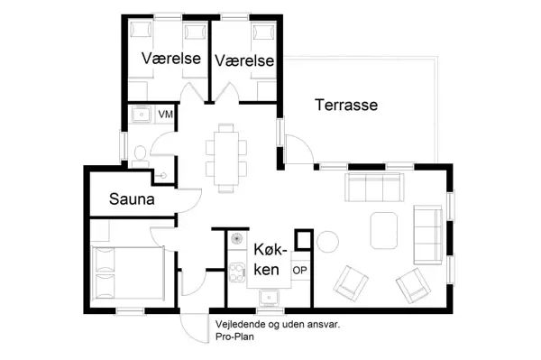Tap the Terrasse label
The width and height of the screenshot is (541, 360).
(x=346, y=106)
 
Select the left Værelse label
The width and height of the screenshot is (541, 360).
(x=170, y=60)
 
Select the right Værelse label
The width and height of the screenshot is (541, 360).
(x=243, y=60)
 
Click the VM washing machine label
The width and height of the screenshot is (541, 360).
(x=166, y=115)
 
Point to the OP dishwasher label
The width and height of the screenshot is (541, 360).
(x=300, y=269)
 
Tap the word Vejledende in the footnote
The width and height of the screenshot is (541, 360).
(x=243, y=321)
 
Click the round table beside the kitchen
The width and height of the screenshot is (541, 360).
(x=326, y=241)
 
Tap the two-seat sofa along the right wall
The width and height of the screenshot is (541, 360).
(x=427, y=231)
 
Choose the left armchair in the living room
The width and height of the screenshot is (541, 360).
(x=351, y=283)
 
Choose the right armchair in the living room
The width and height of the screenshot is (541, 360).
(x=414, y=285)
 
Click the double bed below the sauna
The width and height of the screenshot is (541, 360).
(x=130, y=274)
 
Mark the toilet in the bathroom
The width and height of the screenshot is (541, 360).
(x=138, y=153)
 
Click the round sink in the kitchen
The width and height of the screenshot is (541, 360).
(x=237, y=240)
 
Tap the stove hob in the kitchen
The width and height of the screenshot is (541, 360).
(x=237, y=269)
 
